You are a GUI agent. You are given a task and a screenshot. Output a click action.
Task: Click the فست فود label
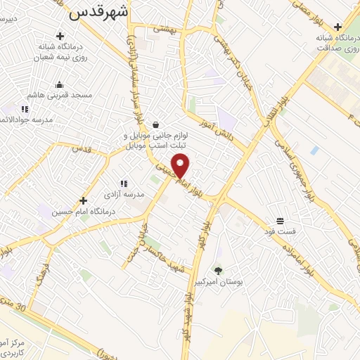(279, 231)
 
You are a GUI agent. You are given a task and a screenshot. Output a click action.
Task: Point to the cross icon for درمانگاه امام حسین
(84, 200)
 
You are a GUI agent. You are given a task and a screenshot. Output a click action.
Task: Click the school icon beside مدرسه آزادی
(123, 184)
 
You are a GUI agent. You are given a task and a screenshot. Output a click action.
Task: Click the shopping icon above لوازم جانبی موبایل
(155, 124)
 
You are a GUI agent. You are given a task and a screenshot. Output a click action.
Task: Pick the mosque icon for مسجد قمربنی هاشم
(58, 84)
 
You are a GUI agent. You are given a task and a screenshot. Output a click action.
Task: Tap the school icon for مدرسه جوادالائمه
(25, 109)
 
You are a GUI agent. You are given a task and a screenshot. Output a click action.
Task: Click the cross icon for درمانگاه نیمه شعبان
(60, 36)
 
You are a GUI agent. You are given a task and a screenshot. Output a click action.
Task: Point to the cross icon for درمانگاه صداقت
(338, 27)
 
